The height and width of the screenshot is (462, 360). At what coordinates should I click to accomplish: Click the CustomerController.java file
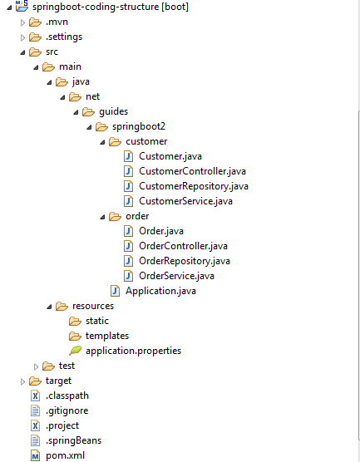(x=192, y=171)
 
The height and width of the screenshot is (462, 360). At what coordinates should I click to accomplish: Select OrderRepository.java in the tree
(x=184, y=261)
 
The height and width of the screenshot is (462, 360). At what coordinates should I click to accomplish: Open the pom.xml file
(x=65, y=455)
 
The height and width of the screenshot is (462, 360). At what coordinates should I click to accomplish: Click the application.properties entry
(x=133, y=351)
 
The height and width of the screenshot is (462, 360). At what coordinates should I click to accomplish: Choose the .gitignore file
(x=67, y=410)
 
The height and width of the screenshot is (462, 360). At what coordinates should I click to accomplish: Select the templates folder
(x=106, y=336)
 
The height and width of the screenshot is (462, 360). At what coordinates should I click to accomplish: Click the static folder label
(x=96, y=321)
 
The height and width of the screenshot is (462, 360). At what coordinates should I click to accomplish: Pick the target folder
(x=58, y=381)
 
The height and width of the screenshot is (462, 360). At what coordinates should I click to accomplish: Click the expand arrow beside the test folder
(x=35, y=366)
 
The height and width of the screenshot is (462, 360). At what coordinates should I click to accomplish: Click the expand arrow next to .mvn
(x=22, y=22)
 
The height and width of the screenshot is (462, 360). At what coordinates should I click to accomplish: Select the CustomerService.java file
(x=185, y=201)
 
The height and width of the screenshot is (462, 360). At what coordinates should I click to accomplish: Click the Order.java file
(x=160, y=231)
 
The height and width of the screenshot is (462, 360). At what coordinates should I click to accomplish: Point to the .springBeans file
(x=73, y=440)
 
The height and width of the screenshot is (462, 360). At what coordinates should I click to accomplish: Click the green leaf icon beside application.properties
(x=75, y=351)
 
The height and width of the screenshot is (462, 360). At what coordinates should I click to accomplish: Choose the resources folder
(x=92, y=306)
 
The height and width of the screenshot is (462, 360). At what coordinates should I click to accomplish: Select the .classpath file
(x=67, y=396)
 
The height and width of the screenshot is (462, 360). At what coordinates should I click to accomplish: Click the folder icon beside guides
(x=88, y=111)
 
